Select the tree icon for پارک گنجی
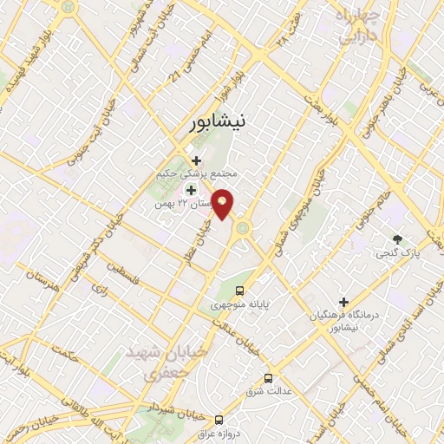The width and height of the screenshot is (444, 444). tap(397, 238)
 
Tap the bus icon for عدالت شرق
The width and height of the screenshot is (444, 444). tap(268, 378)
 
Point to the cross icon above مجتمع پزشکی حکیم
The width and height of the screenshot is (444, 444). tap(197, 160)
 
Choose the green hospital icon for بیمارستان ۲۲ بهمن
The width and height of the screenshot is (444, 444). tap(191, 189)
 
